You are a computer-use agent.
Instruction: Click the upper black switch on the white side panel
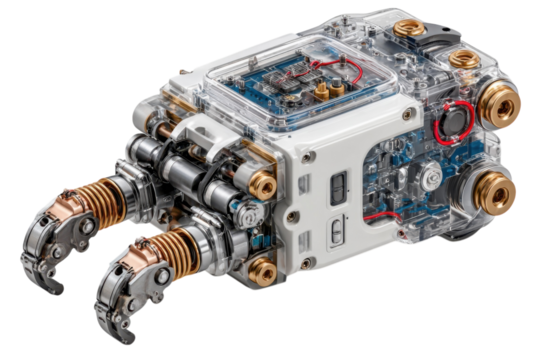coord(336,185)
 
